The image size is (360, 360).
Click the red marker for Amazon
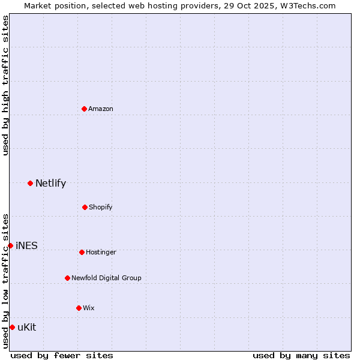pyautogui.click(x=85, y=109)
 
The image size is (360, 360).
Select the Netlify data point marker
pyautogui.click(x=30, y=183)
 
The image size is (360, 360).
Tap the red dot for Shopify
pyautogui.click(x=85, y=207)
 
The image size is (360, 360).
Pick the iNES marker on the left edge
pyautogui.click(x=10, y=245)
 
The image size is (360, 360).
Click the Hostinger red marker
pyautogui.click(x=82, y=252)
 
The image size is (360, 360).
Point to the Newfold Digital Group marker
pyautogui.click(x=67, y=278)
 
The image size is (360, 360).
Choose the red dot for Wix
pyautogui.click(x=79, y=308)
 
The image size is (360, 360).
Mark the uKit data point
pyautogui.click(x=12, y=327)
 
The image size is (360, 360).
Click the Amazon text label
pyautogui.click(x=101, y=109)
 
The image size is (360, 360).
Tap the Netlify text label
pyautogui.click(x=50, y=184)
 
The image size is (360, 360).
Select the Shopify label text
pyautogui.click(x=101, y=207)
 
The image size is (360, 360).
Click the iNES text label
pyautogui.click(x=26, y=246)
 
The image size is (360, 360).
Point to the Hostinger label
pyautogui.click(x=101, y=252)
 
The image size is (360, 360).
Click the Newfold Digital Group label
pyautogui.click(x=106, y=278)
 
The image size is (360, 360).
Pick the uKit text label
pyautogui.click(x=27, y=327)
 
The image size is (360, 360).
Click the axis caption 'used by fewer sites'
pyautogui.click(x=62, y=355)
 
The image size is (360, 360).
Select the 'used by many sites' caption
pyautogui.click(x=301, y=355)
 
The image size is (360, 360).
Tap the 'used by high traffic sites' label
pyautogui.click(x=5, y=85)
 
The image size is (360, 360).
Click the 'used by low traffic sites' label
pyautogui.click(x=5, y=281)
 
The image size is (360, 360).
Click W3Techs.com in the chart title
pyautogui.click(x=307, y=5)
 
